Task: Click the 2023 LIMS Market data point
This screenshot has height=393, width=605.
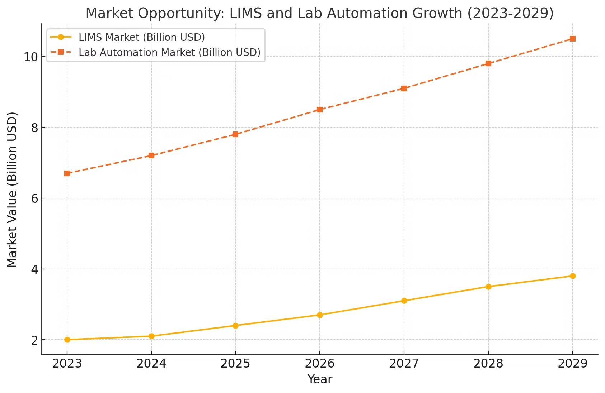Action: point(67,340)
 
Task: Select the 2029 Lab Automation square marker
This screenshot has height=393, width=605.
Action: point(573,39)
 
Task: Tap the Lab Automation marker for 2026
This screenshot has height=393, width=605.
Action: point(320,110)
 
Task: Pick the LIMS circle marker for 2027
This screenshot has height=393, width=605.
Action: point(404,301)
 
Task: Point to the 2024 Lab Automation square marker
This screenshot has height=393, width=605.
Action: point(151,155)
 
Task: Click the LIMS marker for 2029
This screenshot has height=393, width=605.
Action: point(573,276)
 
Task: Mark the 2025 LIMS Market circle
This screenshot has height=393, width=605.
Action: point(235,326)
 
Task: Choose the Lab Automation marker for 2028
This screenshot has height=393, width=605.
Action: point(488,63)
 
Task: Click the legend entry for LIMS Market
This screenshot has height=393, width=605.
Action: point(141,37)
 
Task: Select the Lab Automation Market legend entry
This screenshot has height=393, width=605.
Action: point(169,52)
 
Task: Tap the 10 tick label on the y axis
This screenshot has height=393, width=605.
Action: point(31,57)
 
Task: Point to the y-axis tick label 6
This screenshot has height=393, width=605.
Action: point(34,198)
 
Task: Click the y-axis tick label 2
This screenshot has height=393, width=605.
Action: point(34,340)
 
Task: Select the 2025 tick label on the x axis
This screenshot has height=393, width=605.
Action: point(235,364)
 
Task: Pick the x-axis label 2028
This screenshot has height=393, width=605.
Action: point(488,364)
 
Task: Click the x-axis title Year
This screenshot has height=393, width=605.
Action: point(320,379)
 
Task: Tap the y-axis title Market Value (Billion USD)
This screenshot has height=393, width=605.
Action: point(12,190)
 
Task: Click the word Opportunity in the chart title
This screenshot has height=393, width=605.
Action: point(181,14)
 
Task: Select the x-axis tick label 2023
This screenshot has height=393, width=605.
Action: point(67,364)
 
